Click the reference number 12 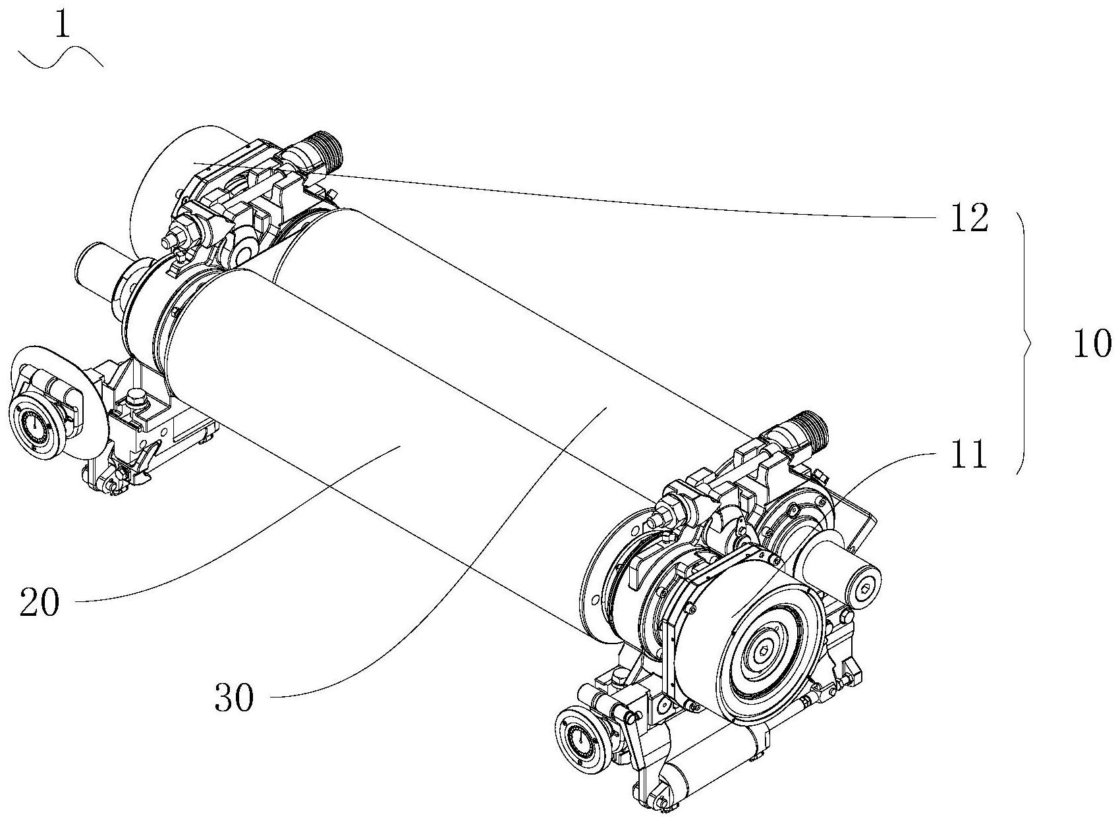[968, 219]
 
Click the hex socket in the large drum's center [762, 650]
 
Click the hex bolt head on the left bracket [137, 396]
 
